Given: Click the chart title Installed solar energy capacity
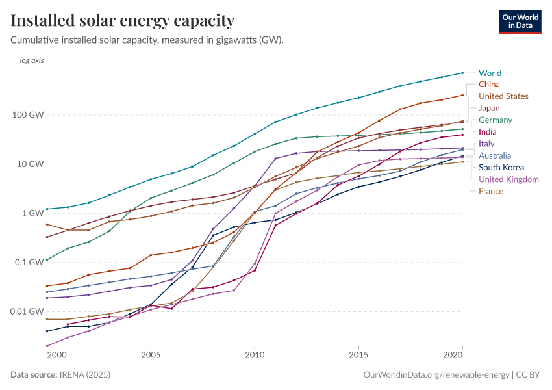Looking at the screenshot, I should tap(123, 20).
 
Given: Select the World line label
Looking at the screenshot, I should tap(490, 73).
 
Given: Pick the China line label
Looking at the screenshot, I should tap(489, 84).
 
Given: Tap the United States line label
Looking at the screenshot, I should tap(503, 96).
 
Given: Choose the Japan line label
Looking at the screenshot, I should tap(489, 108).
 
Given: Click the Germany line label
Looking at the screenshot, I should tap(496, 120).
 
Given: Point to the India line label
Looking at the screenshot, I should tap(488, 132).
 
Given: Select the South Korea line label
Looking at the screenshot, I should tap(501, 168).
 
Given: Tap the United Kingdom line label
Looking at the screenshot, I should tap(508, 179).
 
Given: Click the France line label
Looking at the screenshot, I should tap(491, 191).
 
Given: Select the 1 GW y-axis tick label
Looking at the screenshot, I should tap(34, 213).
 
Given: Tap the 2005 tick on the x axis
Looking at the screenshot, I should tap(151, 356).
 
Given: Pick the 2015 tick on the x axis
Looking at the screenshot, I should tap(358, 356).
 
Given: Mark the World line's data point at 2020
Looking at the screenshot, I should tap(462, 73).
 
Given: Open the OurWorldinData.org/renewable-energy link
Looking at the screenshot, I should tap(436, 375).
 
